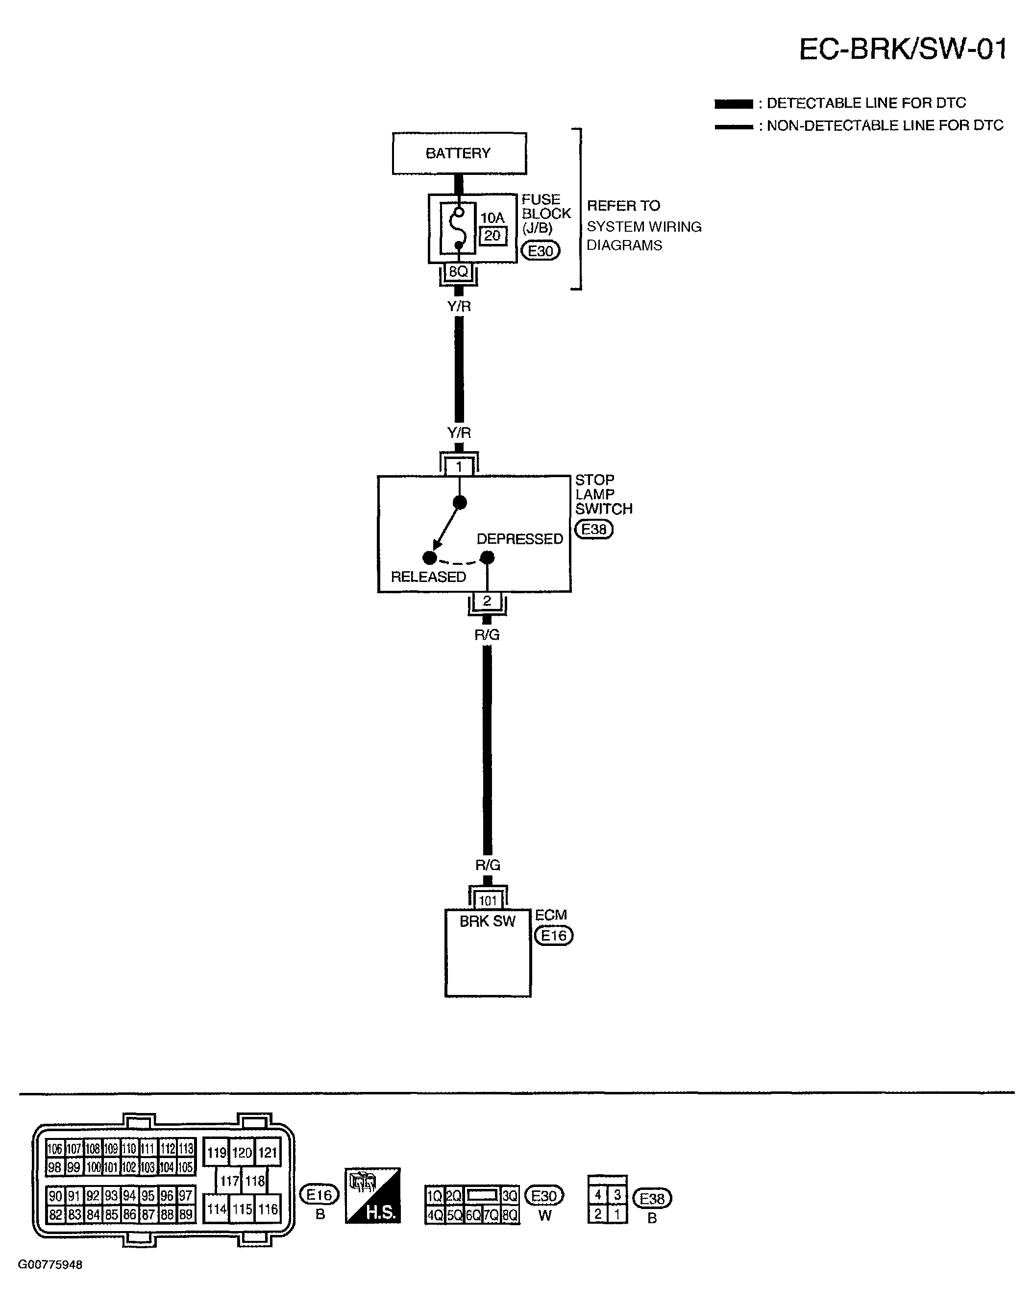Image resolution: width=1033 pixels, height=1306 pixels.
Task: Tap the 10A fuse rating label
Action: point(492,217)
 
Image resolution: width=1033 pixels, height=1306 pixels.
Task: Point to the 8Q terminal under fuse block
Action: point(459,272)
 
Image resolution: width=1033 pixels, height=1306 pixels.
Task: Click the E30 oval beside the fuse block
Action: point(541,250)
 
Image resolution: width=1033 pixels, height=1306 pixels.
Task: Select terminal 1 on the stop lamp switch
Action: point(459,467)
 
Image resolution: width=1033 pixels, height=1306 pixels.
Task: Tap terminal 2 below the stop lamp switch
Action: point(487,602)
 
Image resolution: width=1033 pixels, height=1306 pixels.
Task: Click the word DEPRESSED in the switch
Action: point(519,539)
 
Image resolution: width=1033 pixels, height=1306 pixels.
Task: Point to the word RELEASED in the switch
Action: point(428,577)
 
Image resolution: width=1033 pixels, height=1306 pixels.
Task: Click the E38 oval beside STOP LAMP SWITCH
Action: point(594,530)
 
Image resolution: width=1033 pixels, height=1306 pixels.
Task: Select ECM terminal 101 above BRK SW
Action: point(488,901)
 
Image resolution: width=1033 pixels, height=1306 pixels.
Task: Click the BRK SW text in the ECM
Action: point(488,921)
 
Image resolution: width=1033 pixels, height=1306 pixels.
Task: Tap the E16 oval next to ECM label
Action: point(553,936)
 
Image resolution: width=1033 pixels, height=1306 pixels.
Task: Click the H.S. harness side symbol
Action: point(373,1197)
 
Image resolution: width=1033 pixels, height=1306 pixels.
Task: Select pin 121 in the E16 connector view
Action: point(268,1152)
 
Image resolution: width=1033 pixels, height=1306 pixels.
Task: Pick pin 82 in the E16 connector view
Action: point(55,1215)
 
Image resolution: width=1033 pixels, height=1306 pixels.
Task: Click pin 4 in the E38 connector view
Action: point(597,1195)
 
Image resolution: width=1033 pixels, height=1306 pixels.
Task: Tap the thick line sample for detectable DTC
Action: point(734,103)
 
